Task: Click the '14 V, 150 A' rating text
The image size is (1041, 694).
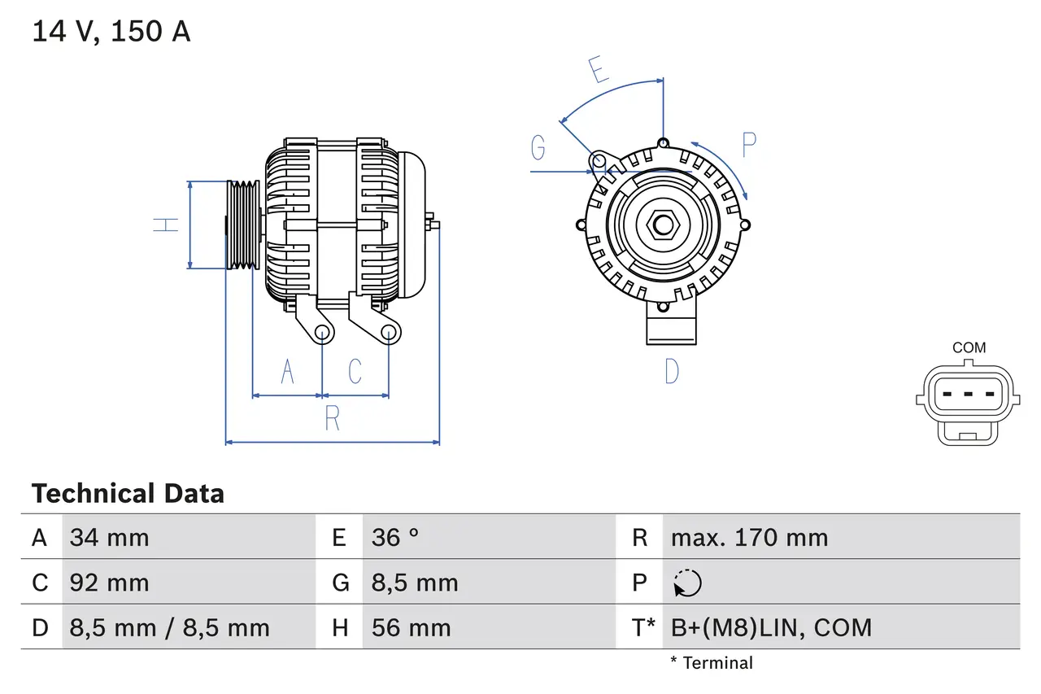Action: click(111, 32)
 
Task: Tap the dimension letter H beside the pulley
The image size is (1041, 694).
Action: click(166, 225)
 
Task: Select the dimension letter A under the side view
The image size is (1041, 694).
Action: click(287, 371)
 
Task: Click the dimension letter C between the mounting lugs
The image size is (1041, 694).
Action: click(355, 371)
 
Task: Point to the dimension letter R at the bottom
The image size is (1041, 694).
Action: click(332, 418)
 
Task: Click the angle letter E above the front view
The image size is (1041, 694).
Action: click(599, 70)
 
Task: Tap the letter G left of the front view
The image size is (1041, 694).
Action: click(538, 148)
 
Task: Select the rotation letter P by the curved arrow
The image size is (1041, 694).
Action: click(749, 145)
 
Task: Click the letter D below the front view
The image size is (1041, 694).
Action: click(672, 372)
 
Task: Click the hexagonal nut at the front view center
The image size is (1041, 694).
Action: click(663, 225)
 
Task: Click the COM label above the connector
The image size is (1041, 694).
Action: click(969, 347)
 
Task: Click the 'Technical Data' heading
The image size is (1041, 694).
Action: click(128, 494)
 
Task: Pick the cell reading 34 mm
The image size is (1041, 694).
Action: click(110, 538)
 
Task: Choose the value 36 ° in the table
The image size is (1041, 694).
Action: click(395, 538)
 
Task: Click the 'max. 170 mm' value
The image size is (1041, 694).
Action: click(749, 538)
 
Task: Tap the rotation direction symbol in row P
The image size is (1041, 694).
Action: click(687, 583)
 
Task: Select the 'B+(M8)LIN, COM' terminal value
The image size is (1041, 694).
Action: click(771, 627)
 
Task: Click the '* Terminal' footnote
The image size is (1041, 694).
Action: click(712, 663)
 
